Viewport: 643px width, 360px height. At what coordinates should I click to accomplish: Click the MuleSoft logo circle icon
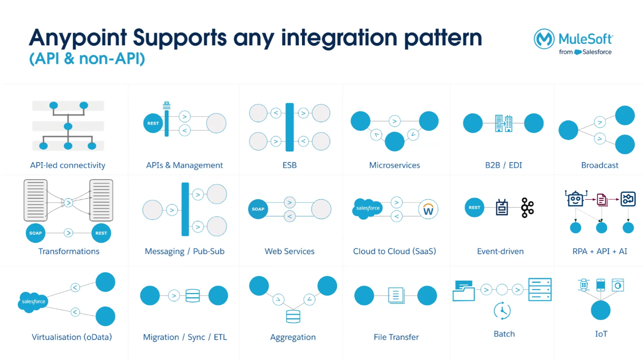tap(544, 39)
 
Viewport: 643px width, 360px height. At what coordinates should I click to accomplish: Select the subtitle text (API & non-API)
tap(87, 59)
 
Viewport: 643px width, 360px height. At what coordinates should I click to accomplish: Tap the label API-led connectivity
tap(68, 165)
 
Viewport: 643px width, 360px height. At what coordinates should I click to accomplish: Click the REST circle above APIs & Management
tap(153, 123)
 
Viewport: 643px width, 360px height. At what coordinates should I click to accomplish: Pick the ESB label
tap(290, 165)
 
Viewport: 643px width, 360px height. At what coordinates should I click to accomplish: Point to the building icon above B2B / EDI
tap(503, 123)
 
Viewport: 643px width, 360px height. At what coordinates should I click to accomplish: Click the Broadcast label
tap(600, 165)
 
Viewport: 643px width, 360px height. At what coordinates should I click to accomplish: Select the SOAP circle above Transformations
tap(36, 233)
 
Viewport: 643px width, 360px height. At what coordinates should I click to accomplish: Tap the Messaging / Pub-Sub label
tap(185, 251)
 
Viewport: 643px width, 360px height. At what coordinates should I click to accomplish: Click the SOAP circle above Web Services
tap(258, 209)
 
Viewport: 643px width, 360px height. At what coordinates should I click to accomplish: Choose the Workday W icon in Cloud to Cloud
tap(428, 210)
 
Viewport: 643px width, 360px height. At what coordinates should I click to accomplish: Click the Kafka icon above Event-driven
tap(527, 208)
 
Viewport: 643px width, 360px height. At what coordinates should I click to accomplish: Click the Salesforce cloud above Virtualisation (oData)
tap(34, 301)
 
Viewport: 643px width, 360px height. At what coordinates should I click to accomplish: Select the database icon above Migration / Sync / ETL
tap(192, 296)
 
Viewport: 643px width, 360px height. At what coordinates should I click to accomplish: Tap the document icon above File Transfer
tap(396, 295)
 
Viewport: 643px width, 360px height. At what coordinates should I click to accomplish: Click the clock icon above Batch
tap(502, 311)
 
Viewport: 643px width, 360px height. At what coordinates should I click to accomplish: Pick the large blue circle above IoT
tap(601, 311)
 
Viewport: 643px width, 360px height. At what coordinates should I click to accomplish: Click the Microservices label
tap(394, 165)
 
